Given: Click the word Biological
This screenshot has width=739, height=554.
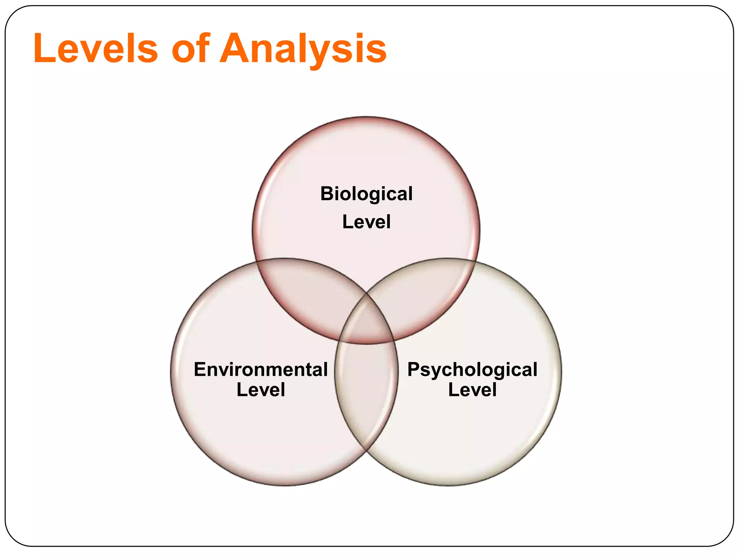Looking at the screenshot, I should [366, 194].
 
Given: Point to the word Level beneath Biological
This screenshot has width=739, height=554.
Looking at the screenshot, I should [366, 221].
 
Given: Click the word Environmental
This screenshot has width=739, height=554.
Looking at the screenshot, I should [261, 369].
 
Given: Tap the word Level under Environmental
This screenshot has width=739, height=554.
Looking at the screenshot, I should [261, 390].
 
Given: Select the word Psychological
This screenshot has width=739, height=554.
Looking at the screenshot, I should [472, 369].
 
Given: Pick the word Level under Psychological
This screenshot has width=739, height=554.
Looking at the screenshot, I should [472, 390].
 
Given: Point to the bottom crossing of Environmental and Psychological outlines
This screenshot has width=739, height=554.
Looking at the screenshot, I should [366, 451].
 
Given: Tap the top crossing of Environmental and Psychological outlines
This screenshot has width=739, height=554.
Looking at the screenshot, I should [366, 293].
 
